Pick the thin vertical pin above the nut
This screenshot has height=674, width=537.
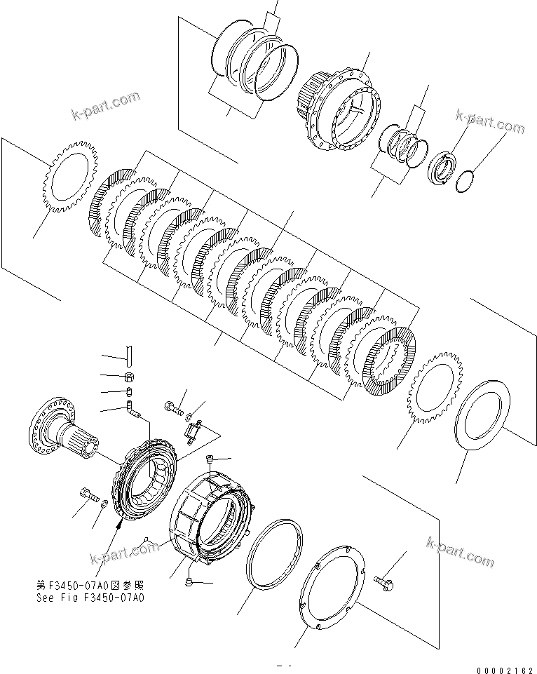point(129,354)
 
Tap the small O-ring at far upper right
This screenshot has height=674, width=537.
point(465,181)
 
